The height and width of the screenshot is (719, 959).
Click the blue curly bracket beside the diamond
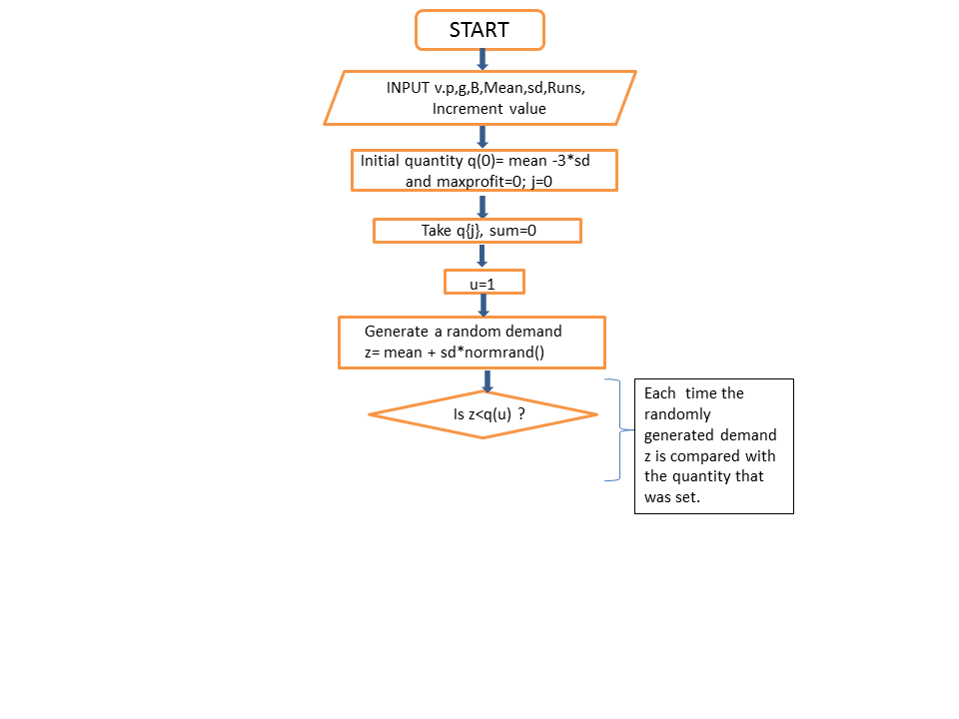(x=620, y=429)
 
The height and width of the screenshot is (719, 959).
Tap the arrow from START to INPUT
(x=482, y=60)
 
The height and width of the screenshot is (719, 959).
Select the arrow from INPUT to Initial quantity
(x=482, y=137)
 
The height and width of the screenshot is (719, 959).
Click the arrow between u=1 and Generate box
(x=483, y=306)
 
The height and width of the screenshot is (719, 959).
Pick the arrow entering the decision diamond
(x=487, y=380)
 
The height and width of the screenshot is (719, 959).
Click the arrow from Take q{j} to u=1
(x=482, y=256)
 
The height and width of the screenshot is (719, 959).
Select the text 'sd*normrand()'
(x=492, y=353)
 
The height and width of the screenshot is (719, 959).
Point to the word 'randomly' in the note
(x=677, y=415)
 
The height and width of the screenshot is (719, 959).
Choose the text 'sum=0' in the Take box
(x=512, y=231)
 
